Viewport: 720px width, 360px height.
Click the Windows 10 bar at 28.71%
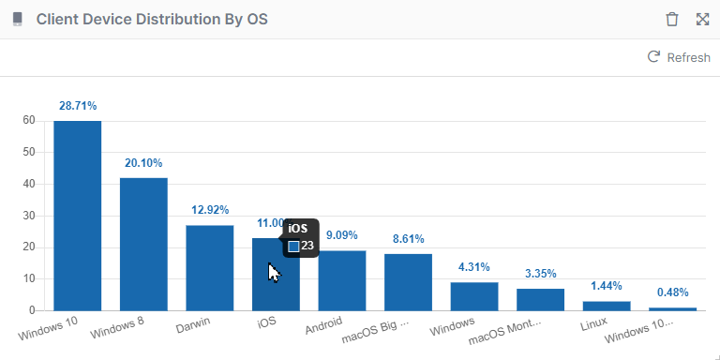(77, 216)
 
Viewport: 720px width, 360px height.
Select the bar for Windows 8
(143, 244)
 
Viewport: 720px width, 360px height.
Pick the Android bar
(341, 280)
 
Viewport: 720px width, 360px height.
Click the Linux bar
(607, 306)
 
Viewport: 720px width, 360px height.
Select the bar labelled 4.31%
(474, 296)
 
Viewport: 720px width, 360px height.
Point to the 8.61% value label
(409, 239)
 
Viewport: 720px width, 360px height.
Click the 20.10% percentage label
(143, 163)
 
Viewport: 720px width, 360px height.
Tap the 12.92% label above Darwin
(209, 210)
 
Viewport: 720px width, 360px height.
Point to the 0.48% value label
(673, 292)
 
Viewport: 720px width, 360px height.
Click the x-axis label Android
(323, 330)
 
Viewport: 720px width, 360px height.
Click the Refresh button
(679, 58)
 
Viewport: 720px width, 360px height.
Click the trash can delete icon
(671, 20)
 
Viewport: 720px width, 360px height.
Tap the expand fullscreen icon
(702, 20)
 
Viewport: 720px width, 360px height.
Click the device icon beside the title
(17, 20)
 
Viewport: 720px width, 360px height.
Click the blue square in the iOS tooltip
(293, 246)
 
